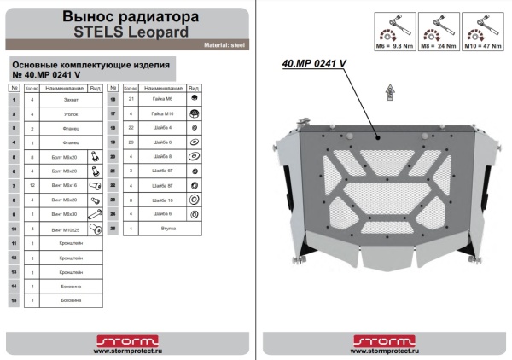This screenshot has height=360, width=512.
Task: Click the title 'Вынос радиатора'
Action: coord(127,16)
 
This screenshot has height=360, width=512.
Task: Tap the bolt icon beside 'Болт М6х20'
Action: coord(96,157)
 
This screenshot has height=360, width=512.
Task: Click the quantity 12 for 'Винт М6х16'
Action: coord(32,185)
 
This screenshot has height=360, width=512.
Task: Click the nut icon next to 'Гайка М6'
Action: coord(194,100)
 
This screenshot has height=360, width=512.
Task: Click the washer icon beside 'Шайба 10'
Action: coord(194,200)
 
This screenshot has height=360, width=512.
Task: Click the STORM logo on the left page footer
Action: coord(127,340)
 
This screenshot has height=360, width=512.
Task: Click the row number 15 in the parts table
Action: coord(15,300)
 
